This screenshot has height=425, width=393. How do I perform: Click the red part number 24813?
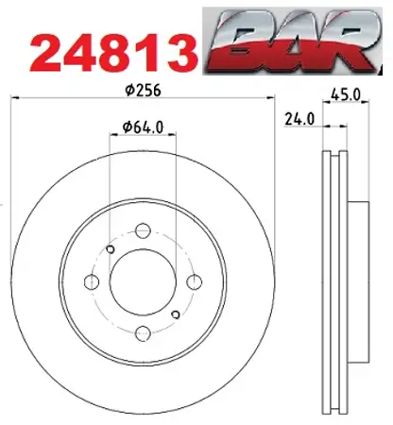pos(114,55)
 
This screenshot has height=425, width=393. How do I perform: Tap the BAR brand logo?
pos(292,42)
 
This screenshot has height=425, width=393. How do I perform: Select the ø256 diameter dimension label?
pos(143,91)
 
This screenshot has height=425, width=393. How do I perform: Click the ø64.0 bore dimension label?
pos(144,127)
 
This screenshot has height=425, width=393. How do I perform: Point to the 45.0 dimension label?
pos(346,94)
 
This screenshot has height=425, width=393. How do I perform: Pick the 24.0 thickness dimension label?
pos(299,119)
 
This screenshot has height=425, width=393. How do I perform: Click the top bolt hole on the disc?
pos(143,230)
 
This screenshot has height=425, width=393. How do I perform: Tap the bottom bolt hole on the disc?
pos(143,333)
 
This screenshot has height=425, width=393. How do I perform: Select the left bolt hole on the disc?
pos(92,281)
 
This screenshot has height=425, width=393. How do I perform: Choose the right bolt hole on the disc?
pos(194,281)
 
